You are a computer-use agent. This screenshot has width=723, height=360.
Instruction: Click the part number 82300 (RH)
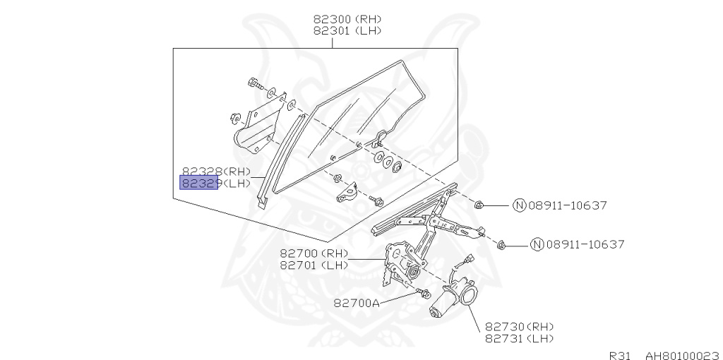pos(349,19)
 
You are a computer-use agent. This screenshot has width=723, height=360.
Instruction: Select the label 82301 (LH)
pos(349,31)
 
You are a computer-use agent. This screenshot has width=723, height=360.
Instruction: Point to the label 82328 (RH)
pos(216,172)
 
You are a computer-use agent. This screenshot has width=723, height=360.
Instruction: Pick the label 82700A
pos(357,303)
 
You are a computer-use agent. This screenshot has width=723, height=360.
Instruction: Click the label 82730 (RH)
pos(520,327)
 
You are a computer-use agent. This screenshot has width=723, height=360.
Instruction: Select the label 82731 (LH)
pos(520,339)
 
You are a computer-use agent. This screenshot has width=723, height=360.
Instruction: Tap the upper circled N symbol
pos(519,206)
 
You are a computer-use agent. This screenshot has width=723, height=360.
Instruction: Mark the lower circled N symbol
pos(537,245)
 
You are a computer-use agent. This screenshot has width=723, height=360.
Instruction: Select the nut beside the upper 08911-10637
pos(479,205)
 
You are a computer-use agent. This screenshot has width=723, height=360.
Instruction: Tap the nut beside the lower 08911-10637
pos(501,244)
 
